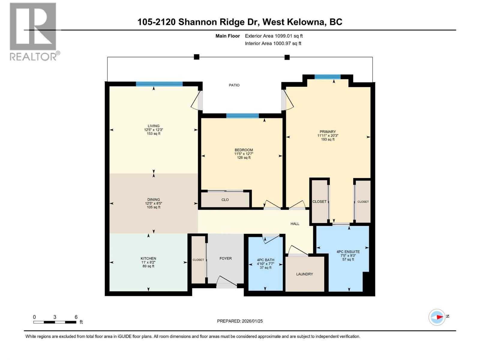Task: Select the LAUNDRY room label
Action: tap(304, 274)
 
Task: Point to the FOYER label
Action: tap(225, 258)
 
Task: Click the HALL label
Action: tap(295, 224)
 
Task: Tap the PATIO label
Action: tap(234, 85)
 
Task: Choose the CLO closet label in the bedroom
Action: tap(225, 200)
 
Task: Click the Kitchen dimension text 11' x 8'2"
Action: tap(148, 262)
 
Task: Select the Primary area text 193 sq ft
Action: tap(328, 139)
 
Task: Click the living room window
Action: tap(159, 84)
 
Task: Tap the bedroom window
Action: tap(242, 116)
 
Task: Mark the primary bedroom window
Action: tap(327, 77)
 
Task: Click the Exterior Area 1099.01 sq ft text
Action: tap(274, 36)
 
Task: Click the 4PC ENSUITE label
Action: tap(348, 252)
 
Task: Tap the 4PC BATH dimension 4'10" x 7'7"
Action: tap(265, 264)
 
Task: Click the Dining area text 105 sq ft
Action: tap(153, 207)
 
